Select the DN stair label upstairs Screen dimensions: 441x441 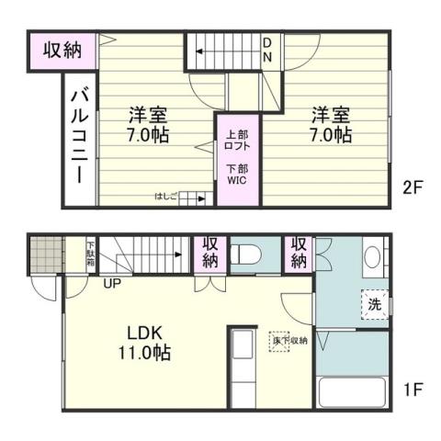click(267, 50)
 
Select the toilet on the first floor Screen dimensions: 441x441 click(246, 254)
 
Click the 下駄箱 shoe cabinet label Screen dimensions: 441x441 click(90, 254)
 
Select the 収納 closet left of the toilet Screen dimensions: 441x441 click(210, 253)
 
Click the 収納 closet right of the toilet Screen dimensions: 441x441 click(299, 252)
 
